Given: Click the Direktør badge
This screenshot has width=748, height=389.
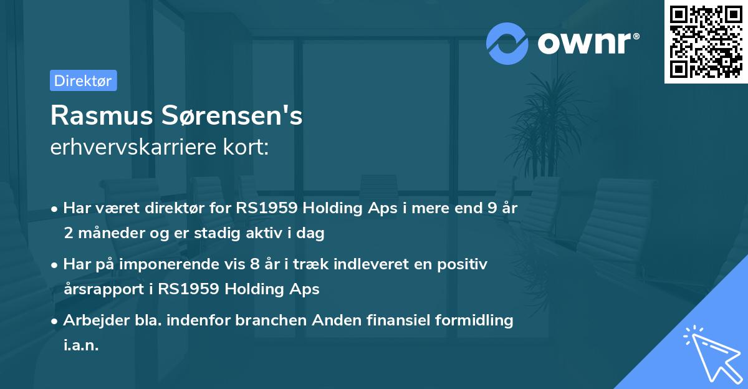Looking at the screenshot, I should (x=83, y=80).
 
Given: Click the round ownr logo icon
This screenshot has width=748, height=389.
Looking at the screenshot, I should (x=507, y=43).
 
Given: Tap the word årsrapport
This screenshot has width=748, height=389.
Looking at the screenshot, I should (x=102, y=289).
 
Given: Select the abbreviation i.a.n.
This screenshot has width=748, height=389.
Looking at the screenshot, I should (x=81, y=345).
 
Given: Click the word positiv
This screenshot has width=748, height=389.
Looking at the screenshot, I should (x=464, y=264).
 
